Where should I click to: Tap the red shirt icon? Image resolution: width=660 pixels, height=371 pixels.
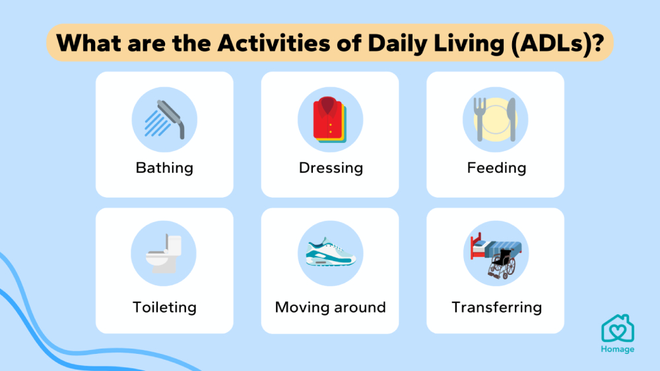(x=329, y=119)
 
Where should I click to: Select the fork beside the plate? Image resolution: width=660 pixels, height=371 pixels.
(x=479, y=119)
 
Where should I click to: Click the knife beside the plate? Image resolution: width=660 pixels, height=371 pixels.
(x=511, y=119)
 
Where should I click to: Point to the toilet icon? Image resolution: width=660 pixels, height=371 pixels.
(x=164, y=254)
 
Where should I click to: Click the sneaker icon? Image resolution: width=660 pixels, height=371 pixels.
(x=331, y=252)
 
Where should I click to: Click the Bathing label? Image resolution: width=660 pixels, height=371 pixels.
(x=164, y=168)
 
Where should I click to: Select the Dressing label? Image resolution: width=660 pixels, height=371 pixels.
(x=331, y=168)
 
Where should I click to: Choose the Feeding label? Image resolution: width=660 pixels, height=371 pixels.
(x=497, y=168)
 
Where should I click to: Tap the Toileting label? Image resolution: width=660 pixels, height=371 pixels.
(x=164, y=308)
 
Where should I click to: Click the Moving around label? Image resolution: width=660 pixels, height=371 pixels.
(x=331, y=308)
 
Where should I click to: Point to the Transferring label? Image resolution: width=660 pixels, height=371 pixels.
(x=497, y=308)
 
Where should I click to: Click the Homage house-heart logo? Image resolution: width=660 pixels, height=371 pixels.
(x=618, y=328)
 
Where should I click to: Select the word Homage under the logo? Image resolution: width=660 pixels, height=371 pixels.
(x=618, y=349)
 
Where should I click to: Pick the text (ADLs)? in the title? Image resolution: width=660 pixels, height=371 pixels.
(x=558, y=43)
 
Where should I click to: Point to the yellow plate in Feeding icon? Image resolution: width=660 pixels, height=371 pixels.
(x=496, y=119)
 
